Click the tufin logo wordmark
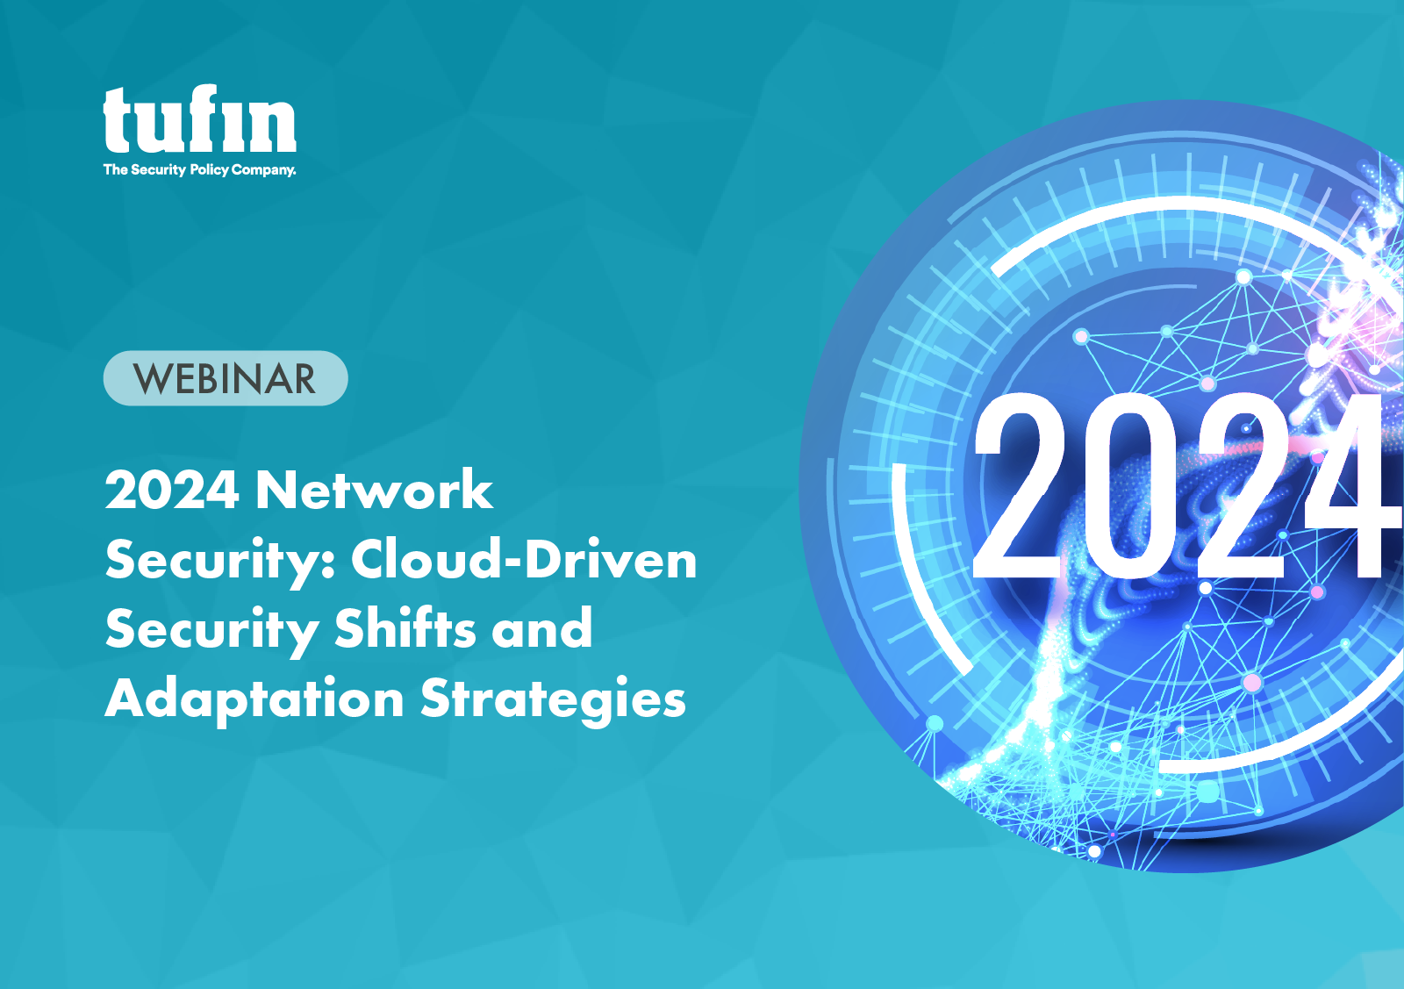(x=199, y=120)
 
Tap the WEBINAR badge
(x=226, y=378)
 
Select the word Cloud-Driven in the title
(x=524, y=559)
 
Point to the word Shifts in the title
(x=405, y=628)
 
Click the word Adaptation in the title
(x=254, y=699)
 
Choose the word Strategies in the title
(x=553, y=699)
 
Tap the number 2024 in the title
(x=172, y=490)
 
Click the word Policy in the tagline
(x=209, y=169)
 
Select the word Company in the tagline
(x=262, y=169)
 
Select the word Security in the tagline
(x=158, y=169)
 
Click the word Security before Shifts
(x=211, y=628)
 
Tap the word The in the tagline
(x=115, y=169)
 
